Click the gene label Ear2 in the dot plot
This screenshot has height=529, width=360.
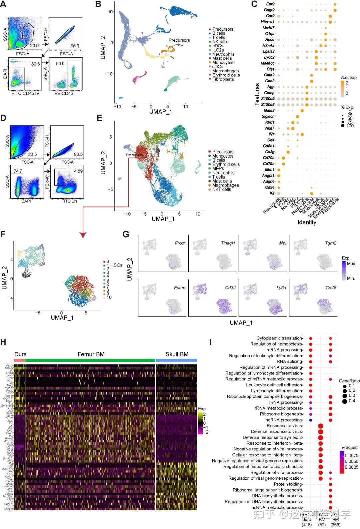[270, 4]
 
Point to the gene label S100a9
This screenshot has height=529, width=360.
[268, 99]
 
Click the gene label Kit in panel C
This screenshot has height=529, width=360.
[272, 193]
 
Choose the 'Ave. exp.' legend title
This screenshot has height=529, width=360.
[349, 78]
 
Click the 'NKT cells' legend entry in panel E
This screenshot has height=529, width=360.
[221, 189]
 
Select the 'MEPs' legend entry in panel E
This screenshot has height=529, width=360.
[218, 169]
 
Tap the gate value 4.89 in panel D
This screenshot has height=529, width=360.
[78, 171]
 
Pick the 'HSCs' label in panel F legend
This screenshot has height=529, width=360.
[116, 265]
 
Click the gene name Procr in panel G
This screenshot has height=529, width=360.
[180, 243]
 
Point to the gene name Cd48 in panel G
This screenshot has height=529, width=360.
[331, 288]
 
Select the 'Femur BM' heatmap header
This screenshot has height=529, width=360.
[91, 354]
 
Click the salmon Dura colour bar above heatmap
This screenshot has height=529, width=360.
[19, 360]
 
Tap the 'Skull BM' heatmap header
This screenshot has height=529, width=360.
[177, 354]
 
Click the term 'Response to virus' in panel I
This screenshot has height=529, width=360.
[284, 426]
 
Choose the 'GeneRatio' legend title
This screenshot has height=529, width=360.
[349, 381]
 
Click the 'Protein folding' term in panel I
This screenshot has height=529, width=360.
[288, 484]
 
